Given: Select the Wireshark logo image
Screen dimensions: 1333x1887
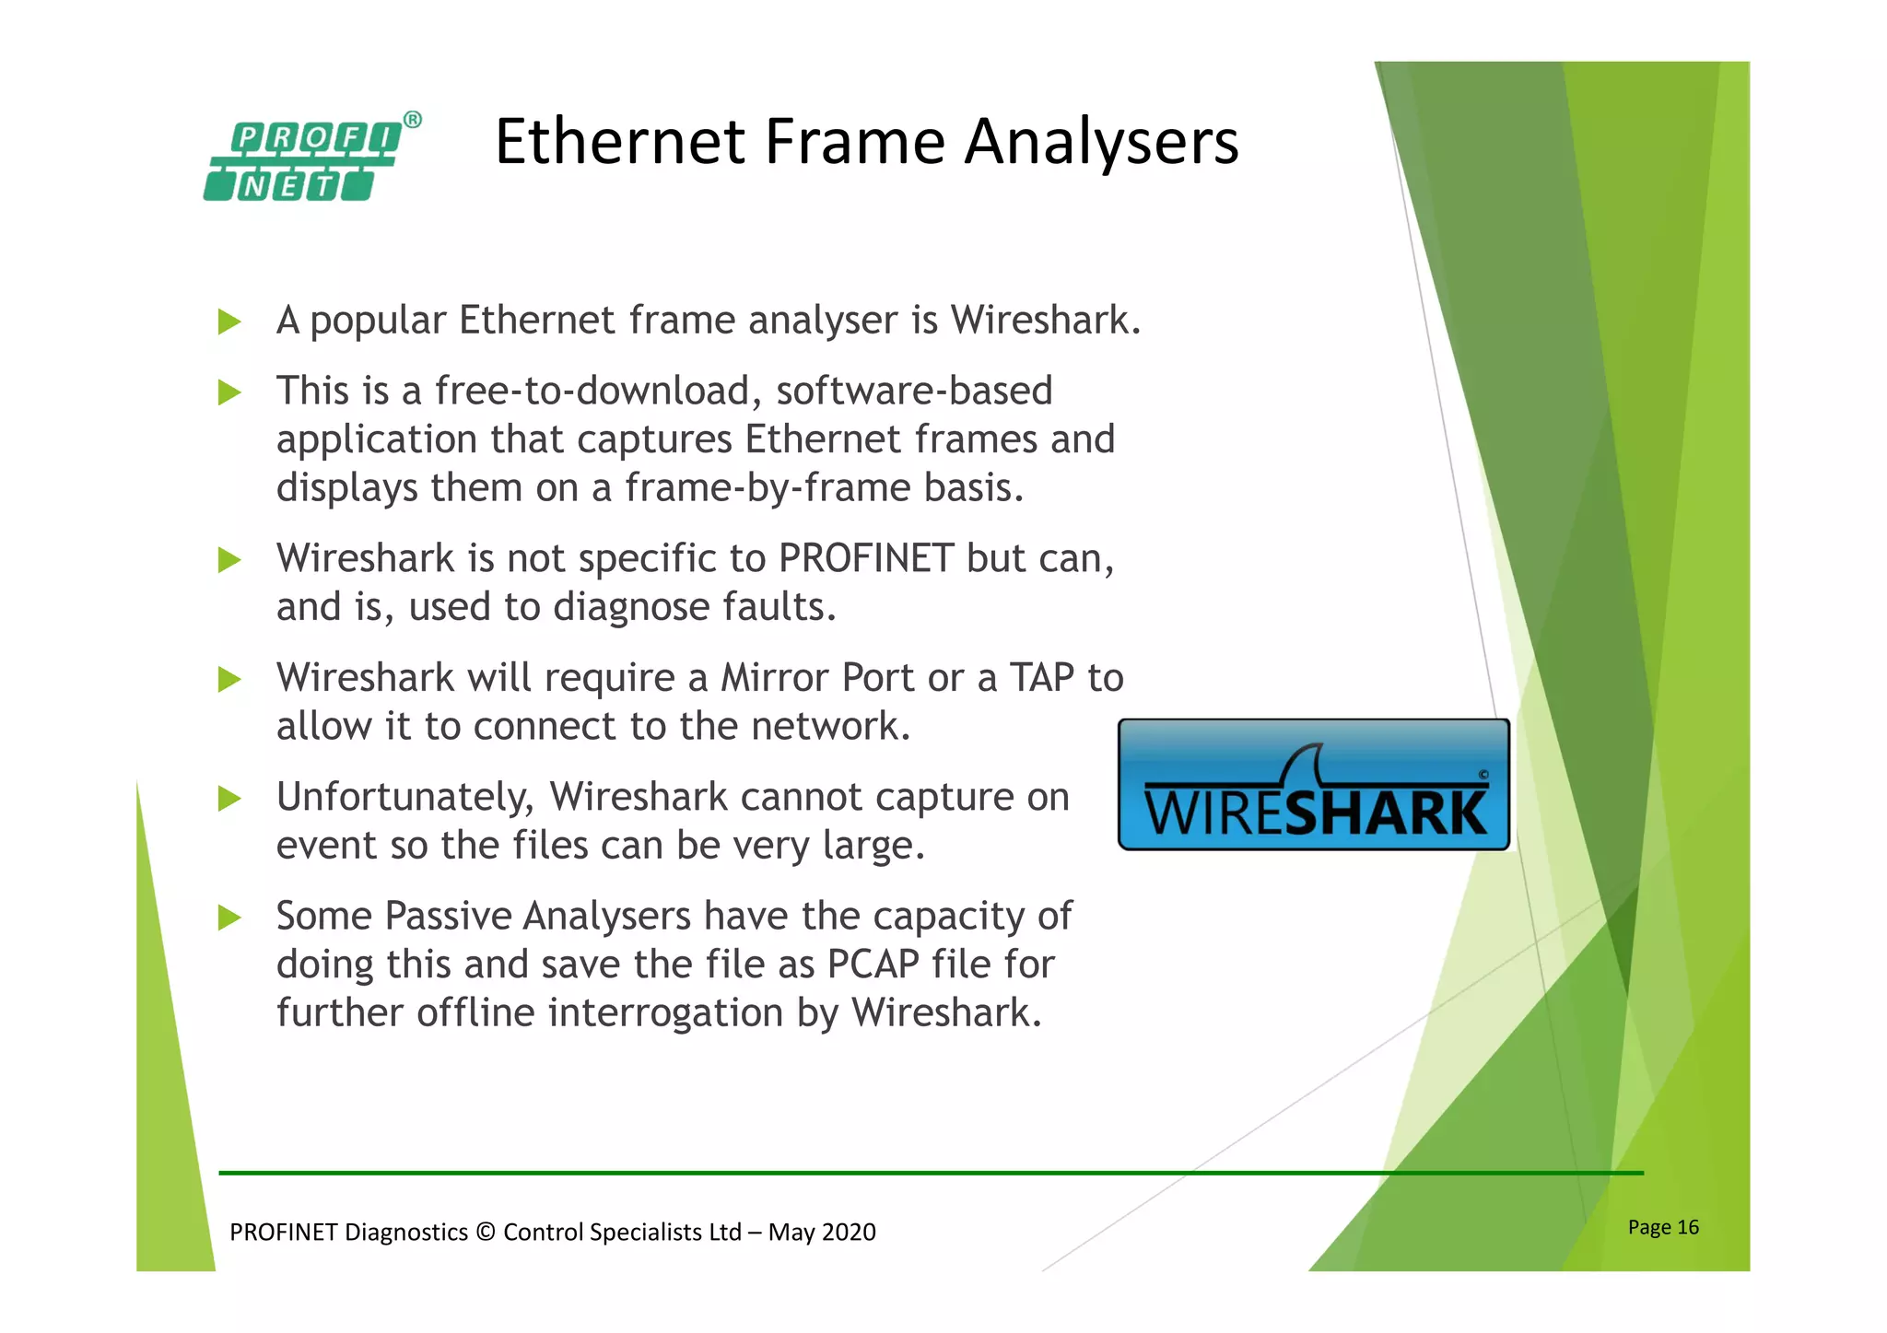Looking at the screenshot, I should click(x=1313, y=784).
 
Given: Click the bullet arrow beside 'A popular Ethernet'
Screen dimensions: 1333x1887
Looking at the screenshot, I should click(x=229, y=322).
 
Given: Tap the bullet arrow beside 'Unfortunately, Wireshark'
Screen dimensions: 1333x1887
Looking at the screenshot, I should click(x=229, y=798).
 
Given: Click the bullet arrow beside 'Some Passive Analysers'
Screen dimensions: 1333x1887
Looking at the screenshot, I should click(x=229, y=917).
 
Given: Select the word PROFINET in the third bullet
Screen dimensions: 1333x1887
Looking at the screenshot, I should click(x=865, y=558).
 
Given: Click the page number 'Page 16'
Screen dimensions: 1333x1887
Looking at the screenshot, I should click(x=1663, y=1227).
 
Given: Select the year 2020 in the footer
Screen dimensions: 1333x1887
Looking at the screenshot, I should click(x=849, y=1233).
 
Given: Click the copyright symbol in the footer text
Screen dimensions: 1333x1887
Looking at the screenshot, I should click(x=486, y=1233).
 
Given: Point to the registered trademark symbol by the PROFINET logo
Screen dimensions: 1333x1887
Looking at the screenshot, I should click(x=413, y=120).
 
